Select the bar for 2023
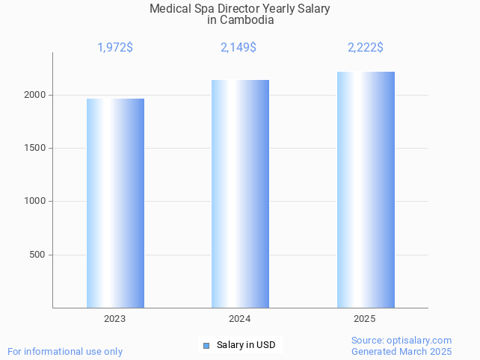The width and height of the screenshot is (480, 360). click(115, 203)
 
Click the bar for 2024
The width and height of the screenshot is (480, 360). click(240, 194)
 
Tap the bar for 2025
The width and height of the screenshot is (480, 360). click(366, 190)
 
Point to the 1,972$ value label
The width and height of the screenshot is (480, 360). click(115, 48)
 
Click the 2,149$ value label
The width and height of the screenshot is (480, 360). click(239, 48)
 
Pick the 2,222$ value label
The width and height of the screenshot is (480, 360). click(366, 48)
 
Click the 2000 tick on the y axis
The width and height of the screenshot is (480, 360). click(35, 95)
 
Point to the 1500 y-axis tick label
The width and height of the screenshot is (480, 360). click(35, 148)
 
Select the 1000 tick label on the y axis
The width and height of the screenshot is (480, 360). click(35, 202)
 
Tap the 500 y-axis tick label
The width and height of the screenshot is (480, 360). click(37, 255)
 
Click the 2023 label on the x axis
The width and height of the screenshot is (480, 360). click(115, 319)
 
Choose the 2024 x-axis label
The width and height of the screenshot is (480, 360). click(239, 319)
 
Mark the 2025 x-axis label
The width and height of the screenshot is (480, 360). click(364, 319)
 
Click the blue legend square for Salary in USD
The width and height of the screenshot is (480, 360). click(206, 345)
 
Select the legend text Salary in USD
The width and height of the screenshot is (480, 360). click(246, 345)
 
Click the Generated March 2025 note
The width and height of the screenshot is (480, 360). click(401, 351)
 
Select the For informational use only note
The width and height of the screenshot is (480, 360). click(65, 351)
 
